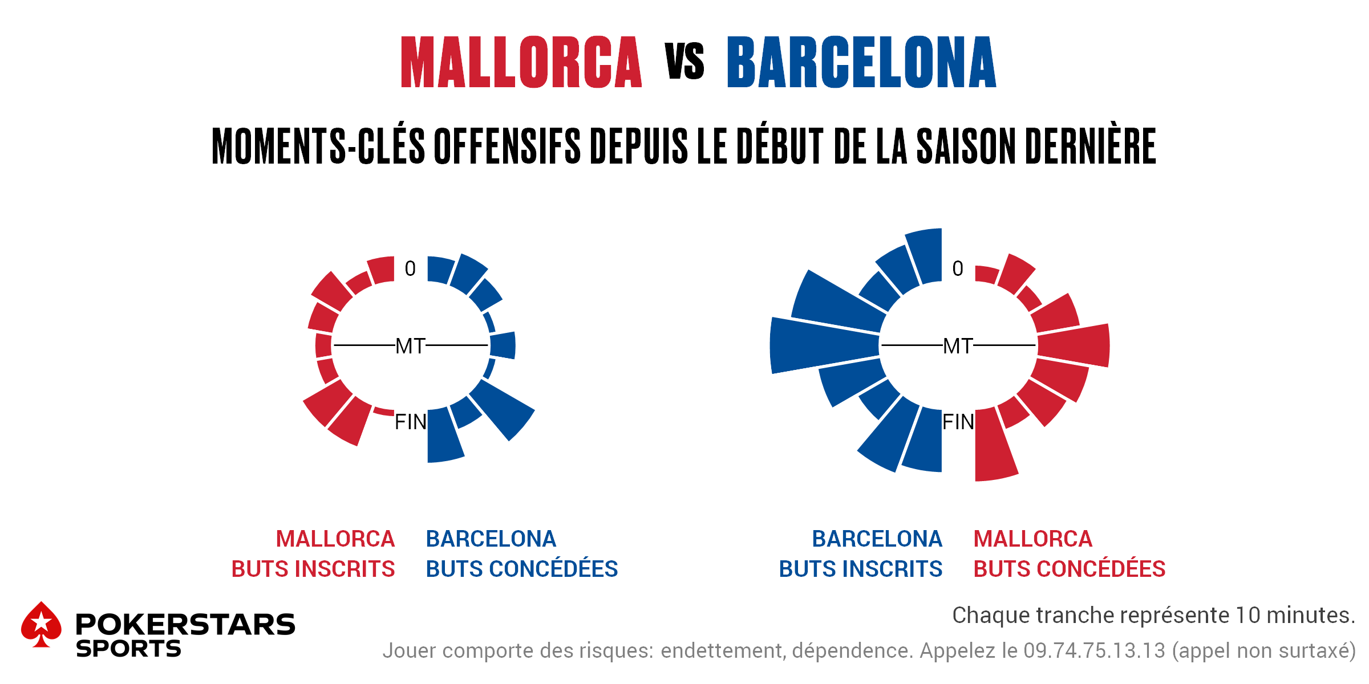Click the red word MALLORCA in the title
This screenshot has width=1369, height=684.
point(521,63)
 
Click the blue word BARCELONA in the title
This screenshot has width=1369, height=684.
point(861,63)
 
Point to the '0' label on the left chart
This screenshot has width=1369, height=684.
point(410,268)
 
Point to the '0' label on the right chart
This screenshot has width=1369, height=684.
point(958,268)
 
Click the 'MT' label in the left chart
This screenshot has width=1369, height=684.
point(410,346)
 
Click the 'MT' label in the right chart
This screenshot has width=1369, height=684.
point(958,346)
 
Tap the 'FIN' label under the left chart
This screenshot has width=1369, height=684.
point(410,422)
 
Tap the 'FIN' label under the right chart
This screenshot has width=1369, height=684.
point(958,422)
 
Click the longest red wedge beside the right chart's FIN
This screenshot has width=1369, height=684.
point(994,447)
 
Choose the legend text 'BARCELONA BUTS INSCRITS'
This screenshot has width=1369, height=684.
point(861,553)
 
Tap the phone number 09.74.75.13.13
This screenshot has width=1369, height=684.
point(1094,651)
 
